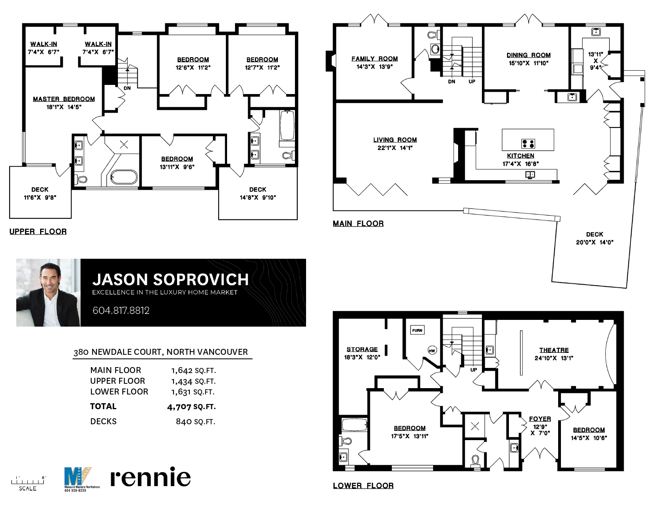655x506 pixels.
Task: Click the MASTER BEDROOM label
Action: (64, 99)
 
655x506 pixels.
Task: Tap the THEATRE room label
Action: (554, 350)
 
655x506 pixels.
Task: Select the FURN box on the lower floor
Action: (417, 330)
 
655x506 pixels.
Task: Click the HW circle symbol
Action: (432, 350)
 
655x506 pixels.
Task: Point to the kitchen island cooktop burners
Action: (528, 144)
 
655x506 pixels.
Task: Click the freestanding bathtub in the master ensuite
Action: (124, 177)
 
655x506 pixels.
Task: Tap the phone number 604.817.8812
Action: (121, 310)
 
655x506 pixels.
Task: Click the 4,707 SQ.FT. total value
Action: (191, 407)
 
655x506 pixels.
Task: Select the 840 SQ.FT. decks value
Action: (195, 421)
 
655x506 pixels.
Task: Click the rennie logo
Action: (150, 477)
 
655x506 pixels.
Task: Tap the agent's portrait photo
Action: (48, 292)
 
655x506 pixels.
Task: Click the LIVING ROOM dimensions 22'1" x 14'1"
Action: (395, 148)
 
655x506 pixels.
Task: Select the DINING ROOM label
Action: (528, 55)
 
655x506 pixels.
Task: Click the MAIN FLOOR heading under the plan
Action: (358, 223)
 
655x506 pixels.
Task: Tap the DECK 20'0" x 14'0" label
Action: (594, 238)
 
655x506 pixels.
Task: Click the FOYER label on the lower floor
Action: (540, 419)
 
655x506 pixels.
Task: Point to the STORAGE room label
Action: (362, 349)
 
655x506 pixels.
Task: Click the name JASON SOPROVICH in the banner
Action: (171, 279)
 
